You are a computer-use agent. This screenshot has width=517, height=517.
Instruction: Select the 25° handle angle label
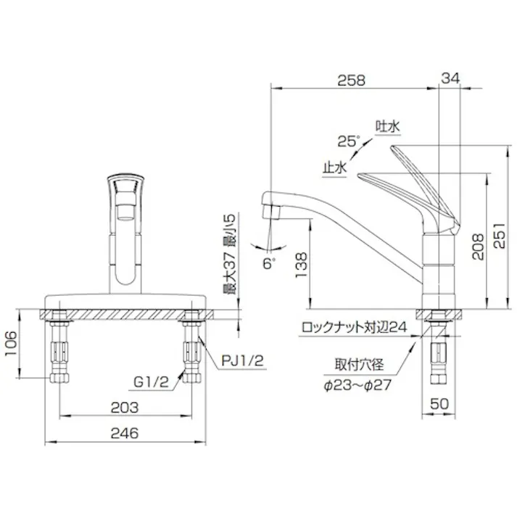[348, 140]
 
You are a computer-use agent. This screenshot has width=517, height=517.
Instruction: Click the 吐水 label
[388, 126]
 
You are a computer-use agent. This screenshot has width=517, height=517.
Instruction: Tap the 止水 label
[335, 167]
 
